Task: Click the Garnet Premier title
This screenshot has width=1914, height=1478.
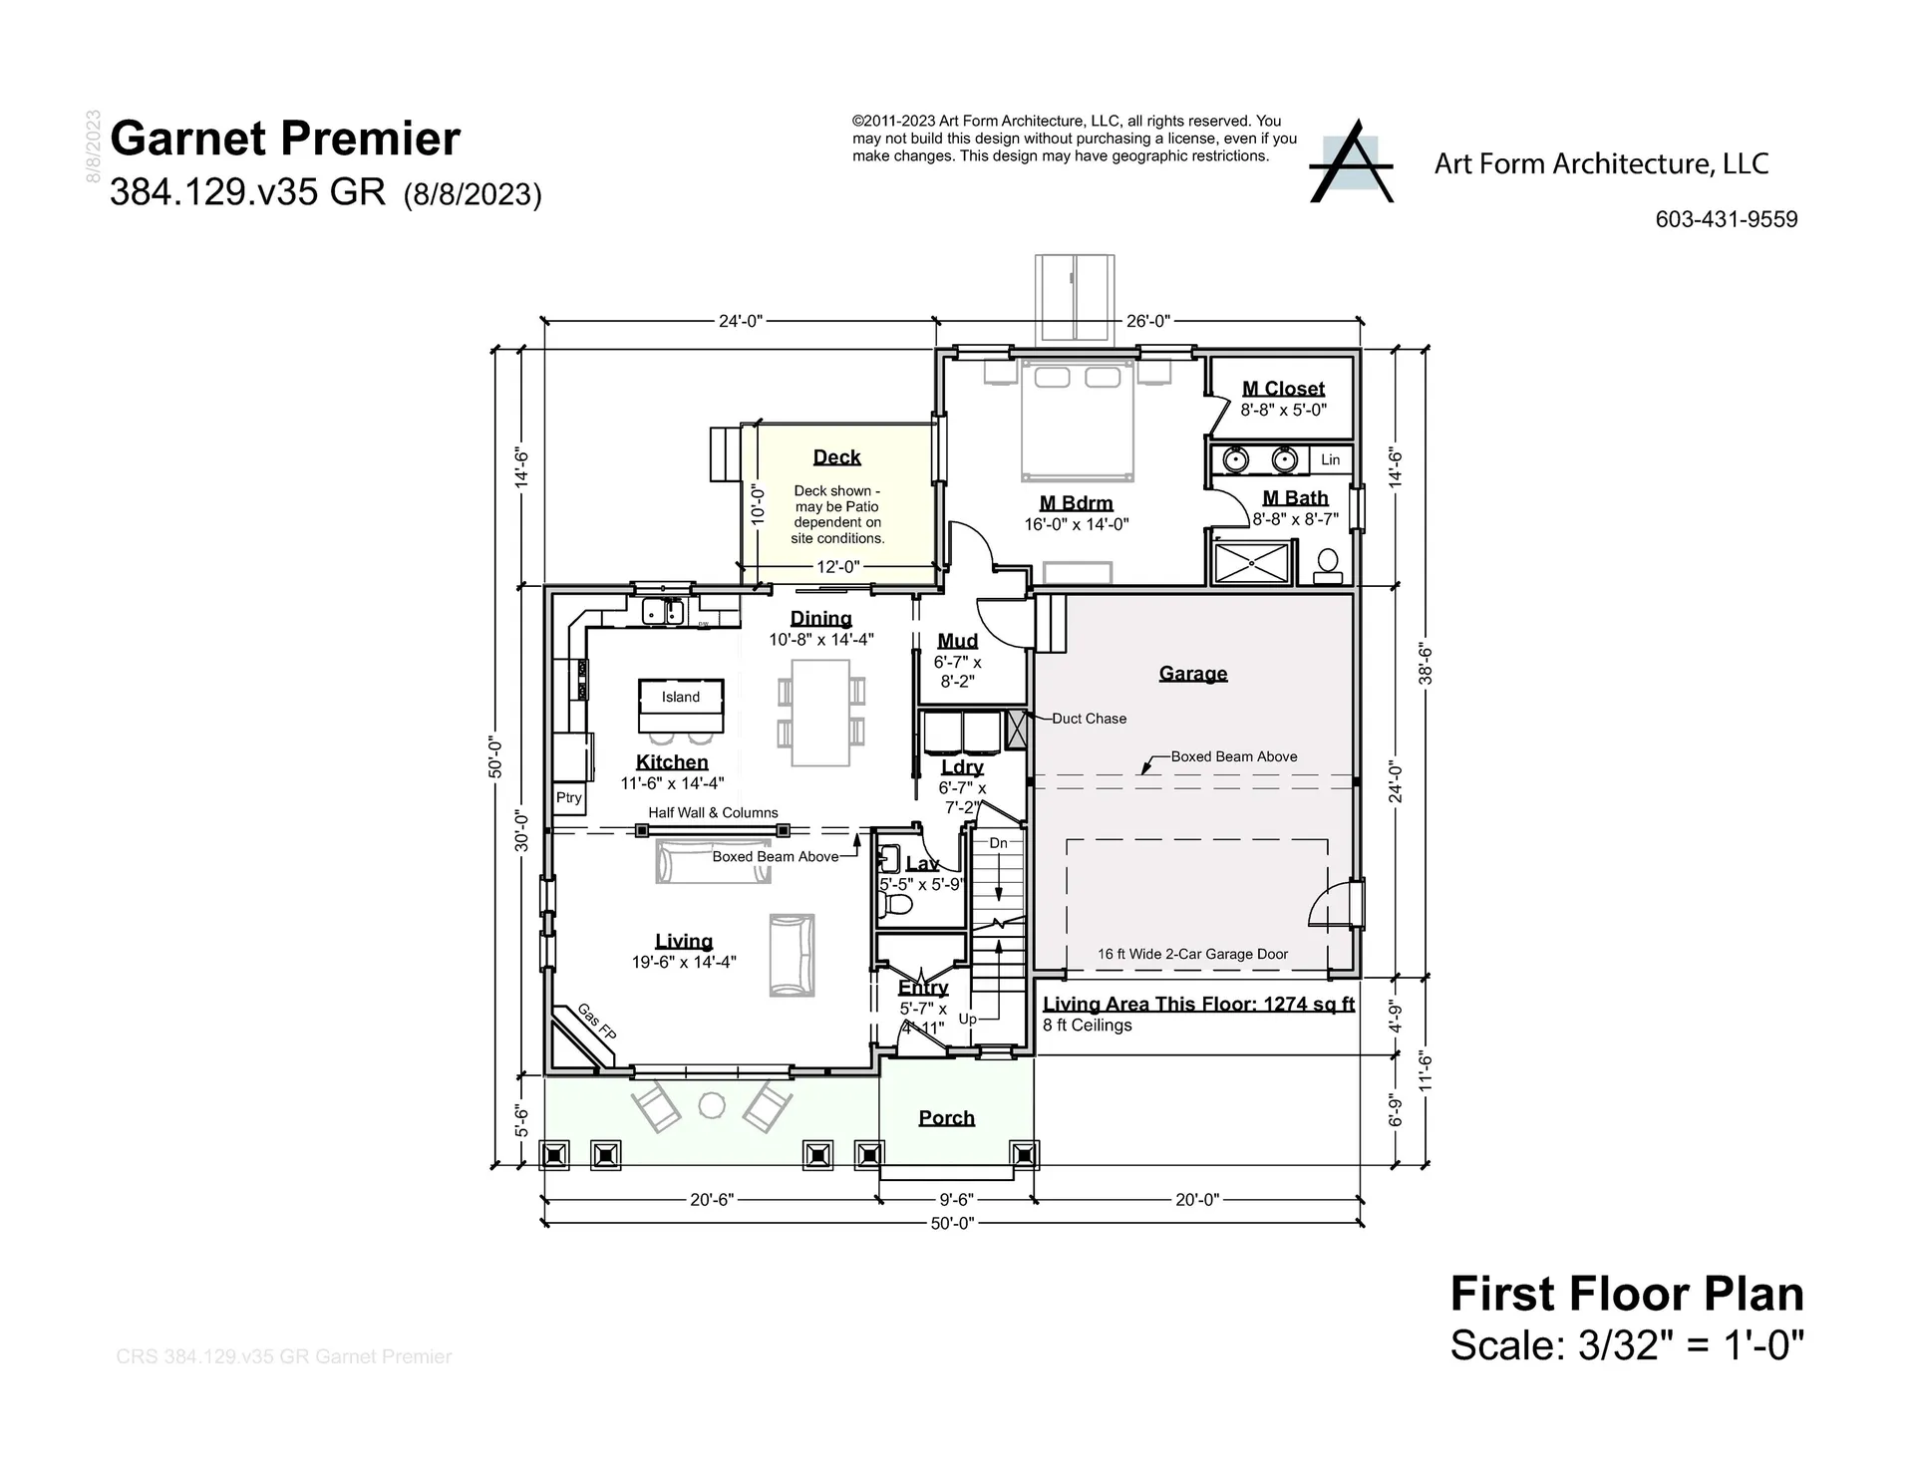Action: (285, 139)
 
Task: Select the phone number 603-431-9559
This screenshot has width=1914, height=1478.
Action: (1726, 219)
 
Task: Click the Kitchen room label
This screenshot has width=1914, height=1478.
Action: (672, 762)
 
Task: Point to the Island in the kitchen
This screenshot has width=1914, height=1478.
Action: (681, 698)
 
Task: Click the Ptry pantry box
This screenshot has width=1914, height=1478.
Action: (569, 798)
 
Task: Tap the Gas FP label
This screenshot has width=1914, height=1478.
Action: (597, 1021)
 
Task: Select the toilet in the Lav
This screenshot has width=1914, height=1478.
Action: (896, 905)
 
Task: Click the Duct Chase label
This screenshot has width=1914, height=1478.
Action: (1089, 719)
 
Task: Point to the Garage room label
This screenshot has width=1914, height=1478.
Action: (1193, 674)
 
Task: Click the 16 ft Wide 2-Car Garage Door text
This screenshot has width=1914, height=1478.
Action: (1192, 954)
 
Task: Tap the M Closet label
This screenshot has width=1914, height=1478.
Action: (1283, 389)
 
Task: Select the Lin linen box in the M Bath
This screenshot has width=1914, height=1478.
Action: (1330, 459)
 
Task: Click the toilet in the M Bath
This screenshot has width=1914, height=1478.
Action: (1327, 565)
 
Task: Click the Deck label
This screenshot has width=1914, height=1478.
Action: (836, 457)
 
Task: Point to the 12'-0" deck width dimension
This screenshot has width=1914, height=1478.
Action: (837, 567)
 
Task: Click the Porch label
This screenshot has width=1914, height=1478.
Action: (946, 1118)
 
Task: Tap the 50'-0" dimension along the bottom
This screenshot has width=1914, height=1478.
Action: (952, 1223)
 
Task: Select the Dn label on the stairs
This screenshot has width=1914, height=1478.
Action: (998, 843)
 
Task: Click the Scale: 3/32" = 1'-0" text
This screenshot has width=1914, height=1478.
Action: (1627, 1345)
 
